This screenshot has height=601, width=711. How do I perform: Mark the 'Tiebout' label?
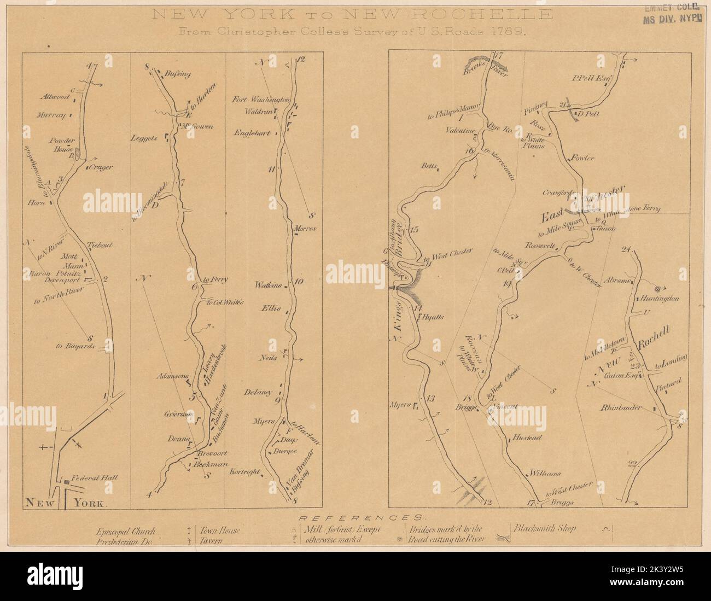coord(99,245)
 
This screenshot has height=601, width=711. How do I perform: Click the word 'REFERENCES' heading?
coord(360,517)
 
